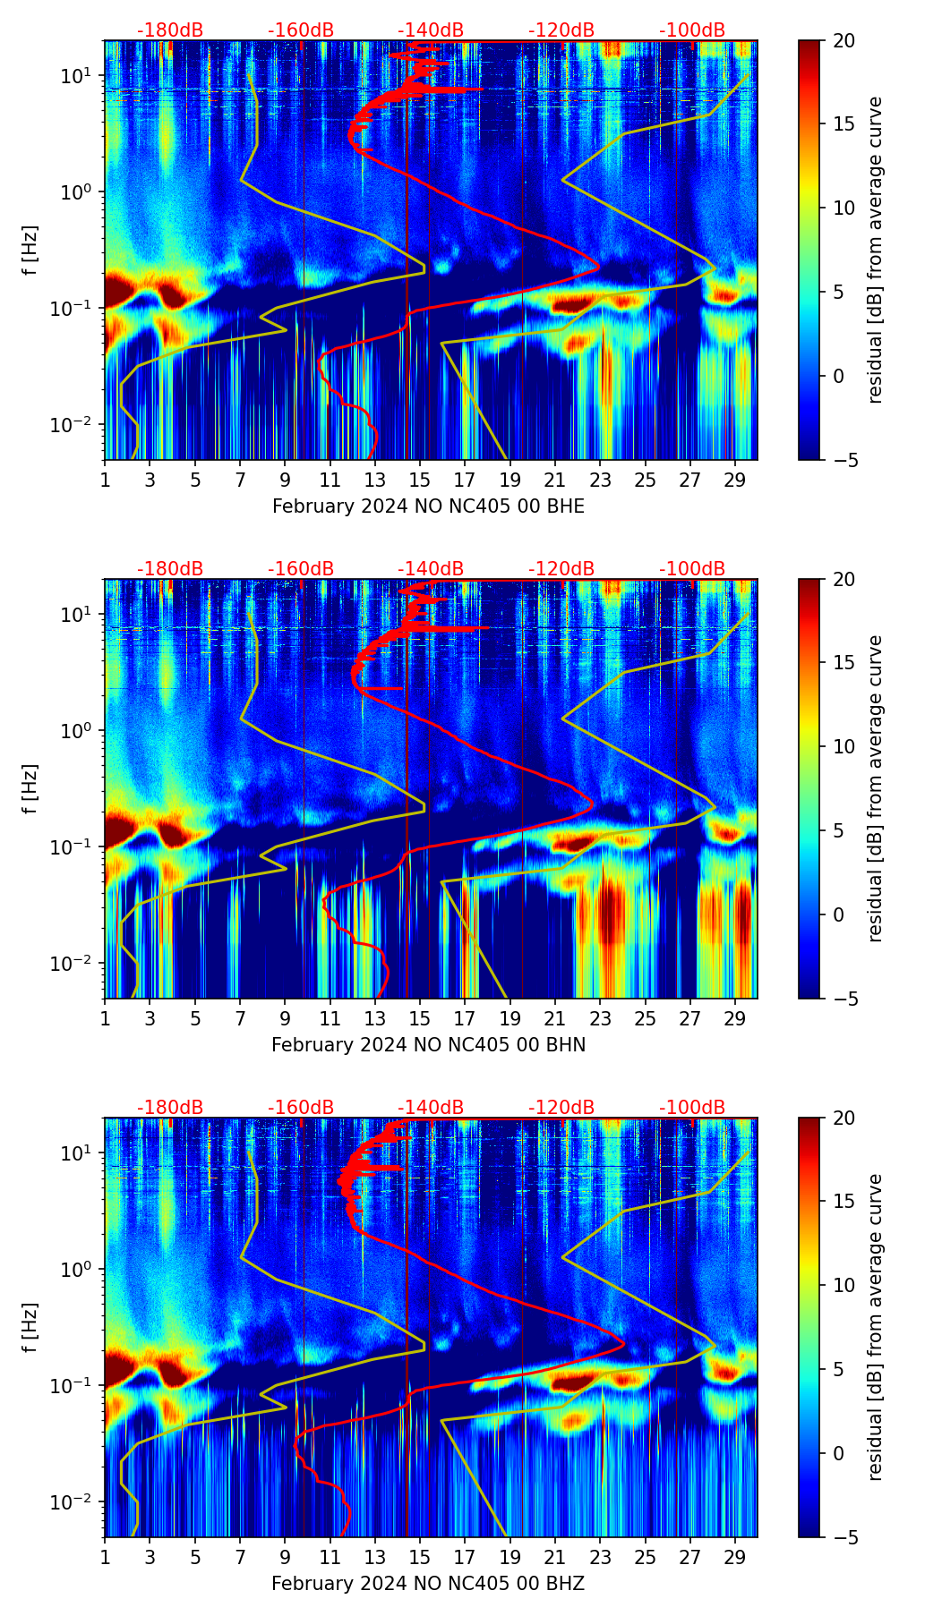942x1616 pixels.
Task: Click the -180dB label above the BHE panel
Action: coord(170,30)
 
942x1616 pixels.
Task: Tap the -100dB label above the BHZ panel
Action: coord(692,1108)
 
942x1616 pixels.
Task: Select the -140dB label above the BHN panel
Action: coord(431,569)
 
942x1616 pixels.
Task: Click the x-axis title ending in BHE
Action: coord(428,506)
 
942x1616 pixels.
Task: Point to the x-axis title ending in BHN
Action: coord(428,1045)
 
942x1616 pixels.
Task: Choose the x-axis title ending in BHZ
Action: coord(428,1584)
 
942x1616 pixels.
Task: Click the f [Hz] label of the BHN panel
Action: coord(30,788)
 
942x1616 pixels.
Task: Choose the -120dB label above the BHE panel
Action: coord(561,30)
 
